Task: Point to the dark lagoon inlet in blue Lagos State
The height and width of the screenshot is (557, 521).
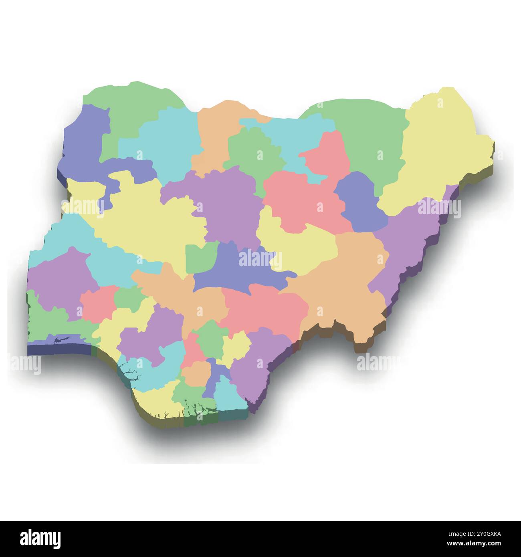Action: pos(64,341)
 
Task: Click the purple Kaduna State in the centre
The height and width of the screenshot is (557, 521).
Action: pos(228,204)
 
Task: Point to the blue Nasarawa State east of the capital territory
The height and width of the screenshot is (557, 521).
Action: pos(240,272)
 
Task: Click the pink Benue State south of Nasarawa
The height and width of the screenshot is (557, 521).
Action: pos(265,309)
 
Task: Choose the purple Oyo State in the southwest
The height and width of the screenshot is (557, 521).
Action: pos(60,281)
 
